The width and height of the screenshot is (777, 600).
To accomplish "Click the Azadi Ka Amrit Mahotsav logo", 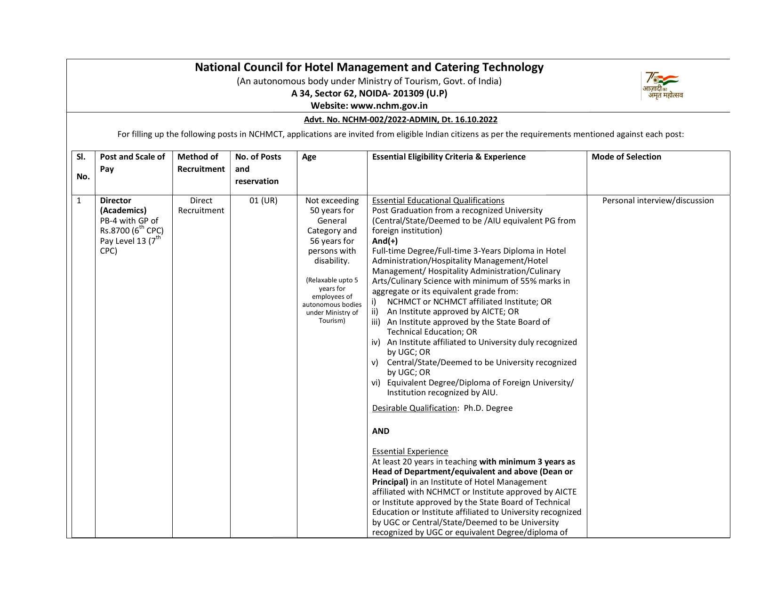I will (662, 86).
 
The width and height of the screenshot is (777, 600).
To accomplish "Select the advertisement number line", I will (401, 120).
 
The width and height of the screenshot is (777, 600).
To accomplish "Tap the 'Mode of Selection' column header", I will (626, 157).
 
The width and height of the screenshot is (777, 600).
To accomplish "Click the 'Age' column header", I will (309, 157).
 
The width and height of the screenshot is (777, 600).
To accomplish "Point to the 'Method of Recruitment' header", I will (201, 163).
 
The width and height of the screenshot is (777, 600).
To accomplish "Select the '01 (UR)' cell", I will (264, 200).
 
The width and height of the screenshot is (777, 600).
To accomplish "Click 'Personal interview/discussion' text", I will (658, 200).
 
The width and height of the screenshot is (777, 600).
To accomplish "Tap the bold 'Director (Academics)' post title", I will (123, 205).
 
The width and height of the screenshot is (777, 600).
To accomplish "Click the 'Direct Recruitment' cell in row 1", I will (201, 205).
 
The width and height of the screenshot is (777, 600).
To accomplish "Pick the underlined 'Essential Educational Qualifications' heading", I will (438, 200).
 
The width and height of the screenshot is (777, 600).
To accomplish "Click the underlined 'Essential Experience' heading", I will (410, 451).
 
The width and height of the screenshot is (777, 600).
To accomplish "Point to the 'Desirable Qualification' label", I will (414, 408).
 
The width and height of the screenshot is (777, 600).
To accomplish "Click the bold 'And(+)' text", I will (384, 241).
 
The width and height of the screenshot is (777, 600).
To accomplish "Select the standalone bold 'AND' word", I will (381, 431).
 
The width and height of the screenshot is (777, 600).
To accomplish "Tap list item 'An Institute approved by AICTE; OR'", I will (453, 312).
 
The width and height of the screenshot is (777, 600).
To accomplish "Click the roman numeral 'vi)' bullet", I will (376, 383).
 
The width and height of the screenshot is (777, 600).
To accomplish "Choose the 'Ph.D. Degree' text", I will (488, 408).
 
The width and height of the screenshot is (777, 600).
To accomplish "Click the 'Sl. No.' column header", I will (83, 167).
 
